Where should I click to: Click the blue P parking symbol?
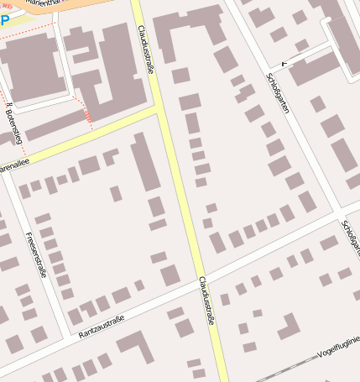(x=5, y=19)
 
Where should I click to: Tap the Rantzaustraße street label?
(x=101, y=326)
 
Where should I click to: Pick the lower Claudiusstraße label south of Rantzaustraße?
(x=206, y=301)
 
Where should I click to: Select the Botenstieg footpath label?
(x=14, y=118)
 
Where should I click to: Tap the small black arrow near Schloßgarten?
(x=284, y=63)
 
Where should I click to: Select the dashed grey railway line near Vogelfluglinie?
(x=285, y=370)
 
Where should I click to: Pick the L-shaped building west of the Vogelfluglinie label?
(x=289, y=327)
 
